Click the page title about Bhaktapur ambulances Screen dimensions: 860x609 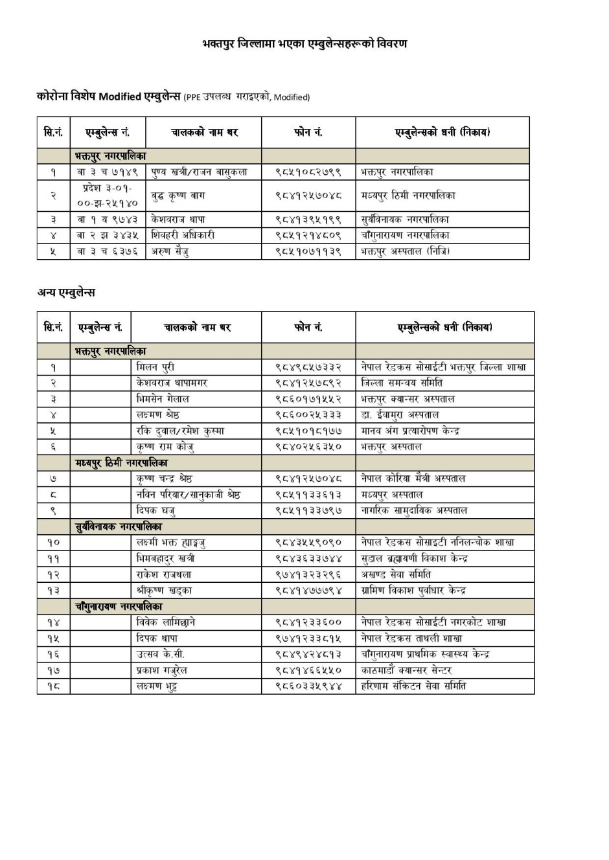[304, 44]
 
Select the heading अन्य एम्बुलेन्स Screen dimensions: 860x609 [66, 293]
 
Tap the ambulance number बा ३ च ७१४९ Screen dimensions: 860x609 [108, 172]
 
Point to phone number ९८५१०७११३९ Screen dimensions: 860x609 [308, 251]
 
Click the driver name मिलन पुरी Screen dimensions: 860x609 [155, 367]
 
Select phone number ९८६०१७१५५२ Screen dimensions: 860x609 [308, 399]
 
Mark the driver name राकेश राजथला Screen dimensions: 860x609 [164, 574]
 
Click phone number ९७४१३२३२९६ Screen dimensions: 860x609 [308, 574]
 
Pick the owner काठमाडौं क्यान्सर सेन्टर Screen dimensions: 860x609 [406, 670]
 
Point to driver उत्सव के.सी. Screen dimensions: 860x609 [161, 654]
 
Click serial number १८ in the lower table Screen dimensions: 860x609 [53, 686]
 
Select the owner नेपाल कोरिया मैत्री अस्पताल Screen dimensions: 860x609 [413, 479]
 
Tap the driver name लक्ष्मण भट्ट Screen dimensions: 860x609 [157, 686]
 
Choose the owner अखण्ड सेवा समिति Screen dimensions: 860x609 [396, 574]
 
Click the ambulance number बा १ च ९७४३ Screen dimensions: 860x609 [108, 220]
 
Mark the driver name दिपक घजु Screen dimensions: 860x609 [156, 510]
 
